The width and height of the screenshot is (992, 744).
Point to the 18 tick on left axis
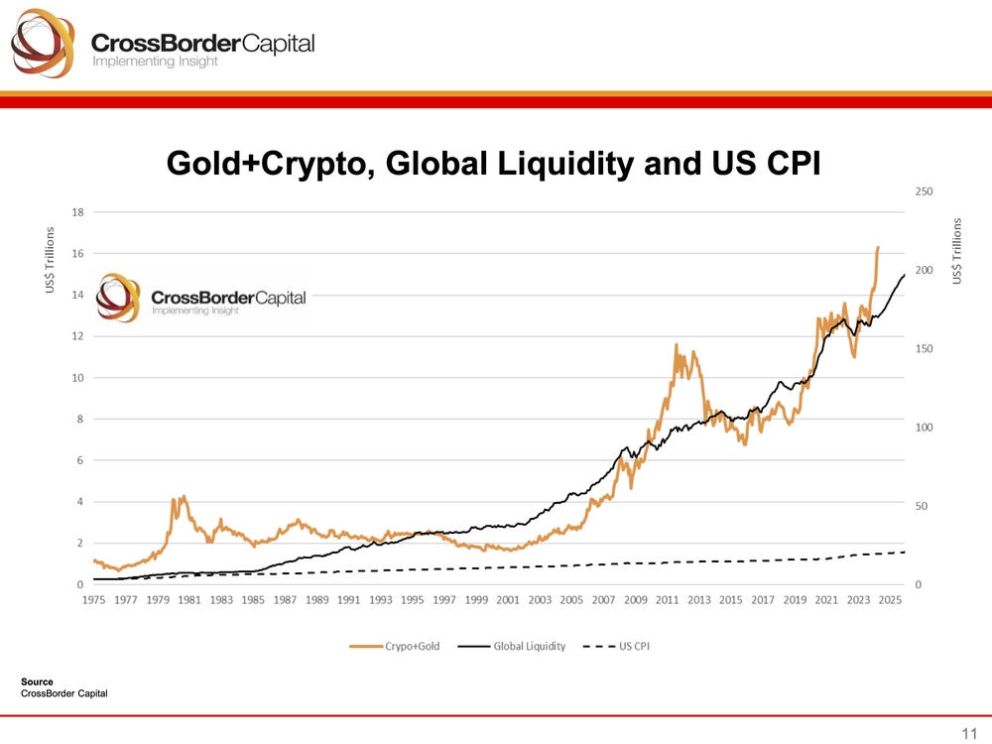pyautogui.click(x=76, y=211)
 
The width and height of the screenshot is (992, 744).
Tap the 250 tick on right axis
pyautogui.click(x=924, y=190)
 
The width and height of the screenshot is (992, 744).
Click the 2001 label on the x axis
pyautogui.click(x=508, y=600)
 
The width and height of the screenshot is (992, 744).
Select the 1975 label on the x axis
pyautogui.click(x=94, y=600)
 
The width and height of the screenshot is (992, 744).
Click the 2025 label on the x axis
pyautogui.click(x=889, y=600)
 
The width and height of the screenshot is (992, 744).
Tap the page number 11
pyautogui.click(x=969, y=733)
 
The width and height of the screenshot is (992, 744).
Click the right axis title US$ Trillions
pyautogui.click(x=958, y=252)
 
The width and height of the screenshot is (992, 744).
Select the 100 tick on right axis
pyautogui.click(x=924, y=428)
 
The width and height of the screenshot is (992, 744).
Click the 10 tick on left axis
pyautogui.click(x=76, y=378)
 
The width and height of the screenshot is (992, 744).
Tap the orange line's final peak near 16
pyautogui.click(x=878, y=248)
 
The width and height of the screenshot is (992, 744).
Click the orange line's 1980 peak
pyautogui.click(x=184, y=496)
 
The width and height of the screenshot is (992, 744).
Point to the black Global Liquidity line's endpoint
pyautogui.click(x=904, y=275)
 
